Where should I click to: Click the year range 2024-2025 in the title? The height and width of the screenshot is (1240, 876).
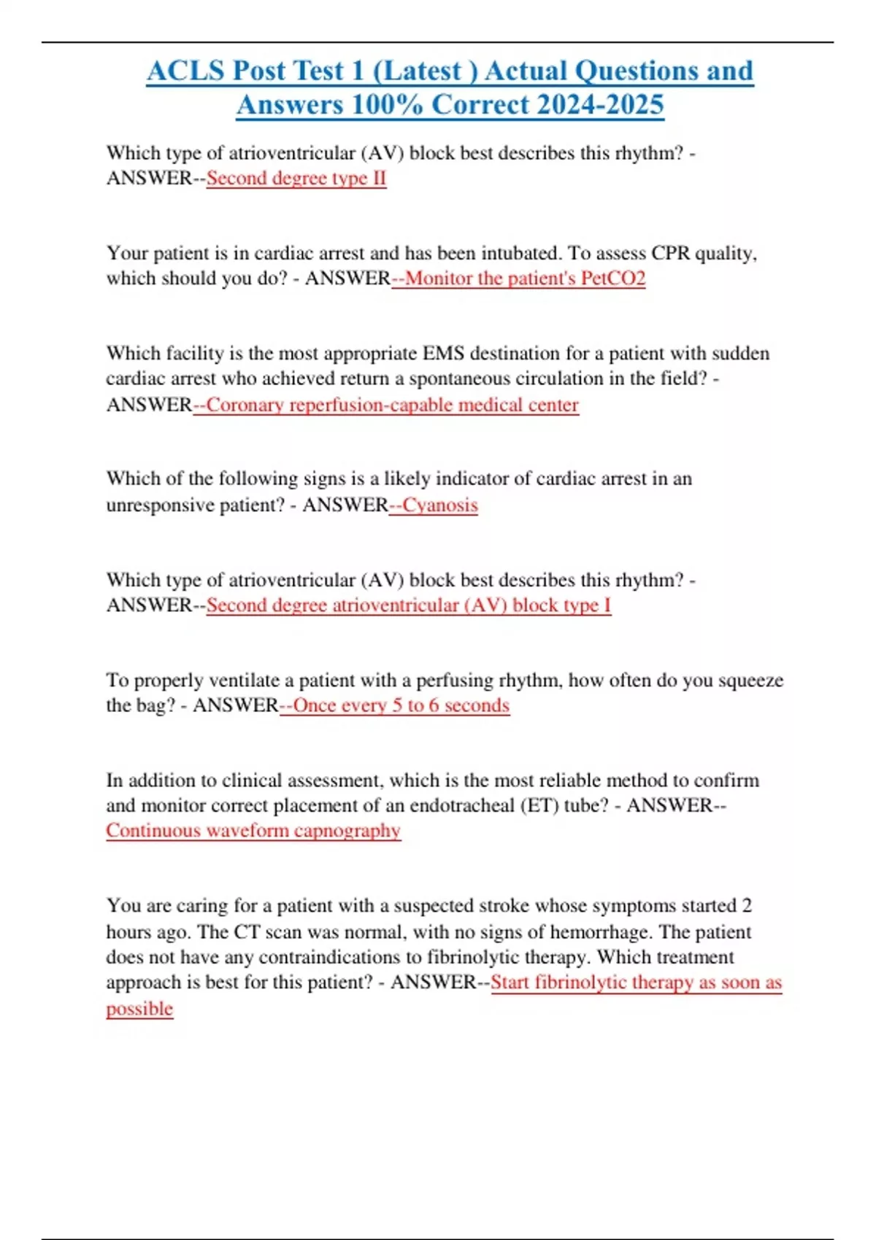point(599,105)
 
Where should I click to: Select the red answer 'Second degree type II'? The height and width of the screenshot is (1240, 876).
point(296,178)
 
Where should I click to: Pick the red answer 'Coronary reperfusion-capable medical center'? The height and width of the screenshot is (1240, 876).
point(392,405)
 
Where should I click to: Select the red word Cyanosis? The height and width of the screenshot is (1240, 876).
point(440,505)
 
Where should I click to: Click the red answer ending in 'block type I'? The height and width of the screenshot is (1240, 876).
point(408,605)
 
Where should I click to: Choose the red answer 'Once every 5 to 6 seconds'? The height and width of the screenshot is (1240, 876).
point(401,705)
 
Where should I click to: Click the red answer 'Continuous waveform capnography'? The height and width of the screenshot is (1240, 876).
point(253,831)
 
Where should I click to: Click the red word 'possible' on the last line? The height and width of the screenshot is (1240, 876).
point(139,1009)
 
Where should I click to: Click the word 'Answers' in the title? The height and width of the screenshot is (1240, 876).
point(290,105)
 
